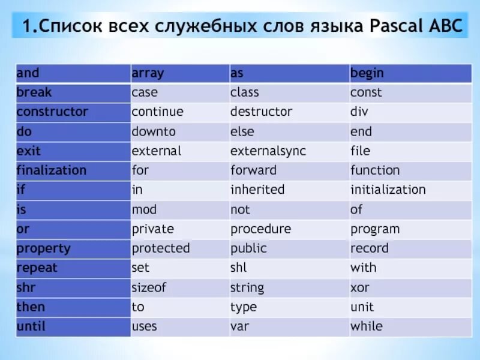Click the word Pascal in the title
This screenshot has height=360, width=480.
click(397, 26)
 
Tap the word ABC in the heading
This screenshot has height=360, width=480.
click(446, 26)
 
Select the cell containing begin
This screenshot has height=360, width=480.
click(410, 73)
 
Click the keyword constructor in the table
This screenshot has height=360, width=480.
click(52, 112)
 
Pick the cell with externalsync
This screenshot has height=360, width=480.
click(289, 152)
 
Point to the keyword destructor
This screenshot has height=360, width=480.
click(261, 112)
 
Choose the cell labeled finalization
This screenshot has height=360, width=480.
click(73, 171)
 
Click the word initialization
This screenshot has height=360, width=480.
click(388, 190)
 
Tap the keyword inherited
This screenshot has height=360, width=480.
click(257, 190)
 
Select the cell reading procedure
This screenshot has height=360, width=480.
click(289, 230)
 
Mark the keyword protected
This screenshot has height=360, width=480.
click(161, 248)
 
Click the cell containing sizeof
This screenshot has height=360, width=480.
click(180, 288)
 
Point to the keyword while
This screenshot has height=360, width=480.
click(367, 326)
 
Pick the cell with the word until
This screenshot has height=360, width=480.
click(73, 327)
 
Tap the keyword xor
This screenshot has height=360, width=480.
click(360, 288)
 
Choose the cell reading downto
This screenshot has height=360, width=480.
click(180, 132)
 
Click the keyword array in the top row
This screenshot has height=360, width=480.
click(148, 73)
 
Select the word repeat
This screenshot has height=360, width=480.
click(37, 268)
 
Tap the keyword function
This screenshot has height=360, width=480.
click(376, 170)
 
